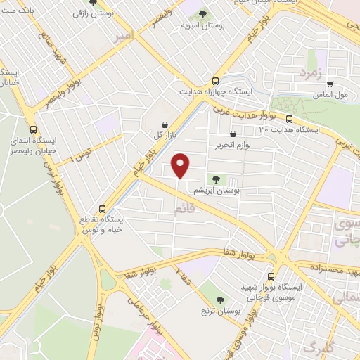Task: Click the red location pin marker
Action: click(x=181, y=165)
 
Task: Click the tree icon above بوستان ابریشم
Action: click(x=215, y=179)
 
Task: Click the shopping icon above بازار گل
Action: click(x=165, y=123)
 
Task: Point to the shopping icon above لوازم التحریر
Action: click(x=233, y=134)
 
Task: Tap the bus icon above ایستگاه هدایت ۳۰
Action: click(x=289, y=118)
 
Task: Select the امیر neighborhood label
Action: click(x=123, y=35)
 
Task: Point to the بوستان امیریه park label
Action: click(x=202, y=25)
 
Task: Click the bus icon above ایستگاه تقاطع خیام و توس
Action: click(x=103, y=209)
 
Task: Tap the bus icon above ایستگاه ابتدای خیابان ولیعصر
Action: click(x=34, y=129)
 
